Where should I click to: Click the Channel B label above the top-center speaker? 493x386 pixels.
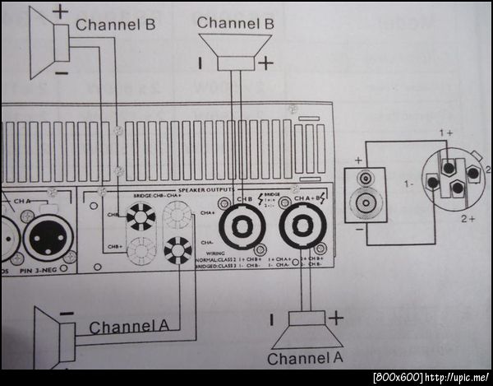pos(235,23)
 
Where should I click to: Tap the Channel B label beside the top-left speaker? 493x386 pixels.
pos(115,25)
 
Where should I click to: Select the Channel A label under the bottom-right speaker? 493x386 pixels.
pos(305,359)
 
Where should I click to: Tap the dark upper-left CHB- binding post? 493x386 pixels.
pos(140,217)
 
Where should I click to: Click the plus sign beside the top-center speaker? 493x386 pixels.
pos(265,62)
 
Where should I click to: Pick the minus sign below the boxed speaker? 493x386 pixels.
pos(358,230)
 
